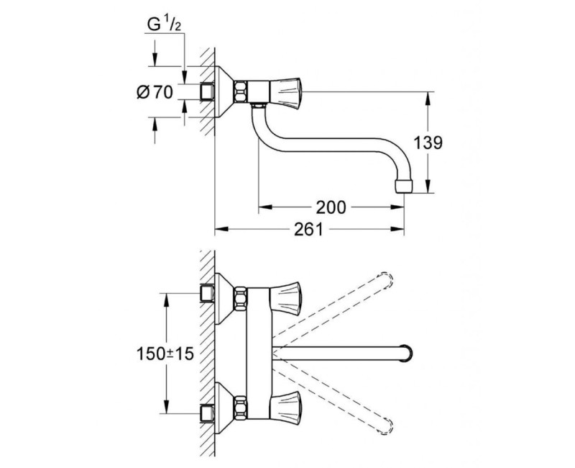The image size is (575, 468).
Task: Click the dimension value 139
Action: click(x=428, y=143)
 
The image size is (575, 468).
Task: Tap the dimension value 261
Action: click(x=307, y=230)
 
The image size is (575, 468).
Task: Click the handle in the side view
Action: click(x=287, y=91)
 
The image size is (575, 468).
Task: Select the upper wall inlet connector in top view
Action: click(x=208, y=293)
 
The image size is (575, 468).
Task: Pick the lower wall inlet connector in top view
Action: click(x=208, y=413)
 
